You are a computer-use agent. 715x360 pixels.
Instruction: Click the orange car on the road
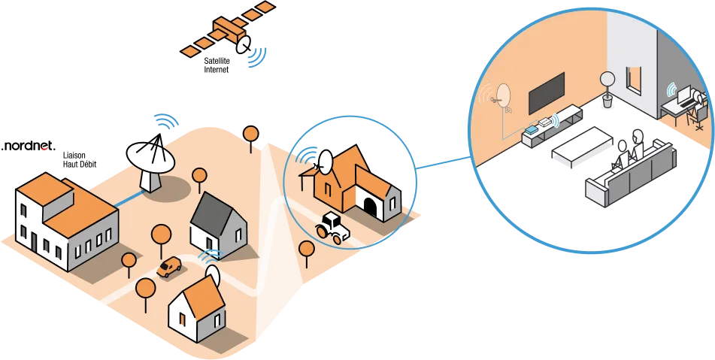[169, 267]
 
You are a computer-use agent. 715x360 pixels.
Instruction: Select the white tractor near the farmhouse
[332, 226]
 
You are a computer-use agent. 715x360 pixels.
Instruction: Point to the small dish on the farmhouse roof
[326, 162]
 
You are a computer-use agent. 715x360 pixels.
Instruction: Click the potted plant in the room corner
[607, 89]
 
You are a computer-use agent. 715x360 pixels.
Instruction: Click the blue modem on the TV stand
[533, 129]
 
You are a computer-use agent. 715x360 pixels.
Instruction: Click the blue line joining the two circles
[444, 162]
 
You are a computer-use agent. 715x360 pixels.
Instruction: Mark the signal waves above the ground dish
[165, 120]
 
